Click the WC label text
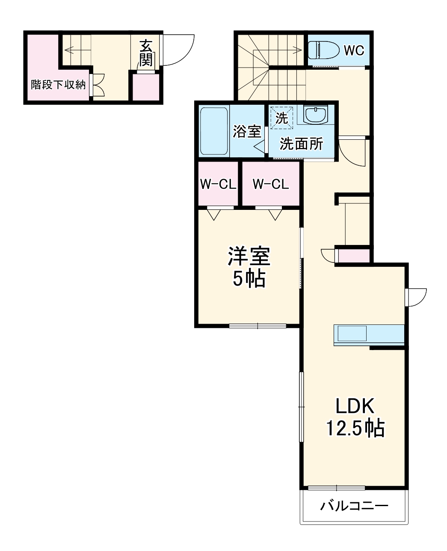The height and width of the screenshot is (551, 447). click(x=354, y=50)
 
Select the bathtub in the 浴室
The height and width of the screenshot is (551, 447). click(x=214, y=131)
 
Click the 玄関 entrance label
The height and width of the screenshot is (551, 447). click(x=146, y=53)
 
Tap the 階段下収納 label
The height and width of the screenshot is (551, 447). click(x=58, y=85)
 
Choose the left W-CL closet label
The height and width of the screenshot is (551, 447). click(x=218, y=184)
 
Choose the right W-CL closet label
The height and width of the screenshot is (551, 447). click(x=271, y=184)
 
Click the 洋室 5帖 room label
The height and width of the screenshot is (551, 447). click(x=249, y=268)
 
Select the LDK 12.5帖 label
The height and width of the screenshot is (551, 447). click(x=355, y=417)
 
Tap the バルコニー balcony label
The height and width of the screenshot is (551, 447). click(x=355, y=507)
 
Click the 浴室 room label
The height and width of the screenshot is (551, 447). click(x=246, y=131)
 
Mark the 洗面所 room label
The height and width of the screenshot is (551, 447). click(x=301, y=144)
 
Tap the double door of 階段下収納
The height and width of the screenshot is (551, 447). click(x=97, y=85)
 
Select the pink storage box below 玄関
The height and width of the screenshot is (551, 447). click(x=145, y=88)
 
